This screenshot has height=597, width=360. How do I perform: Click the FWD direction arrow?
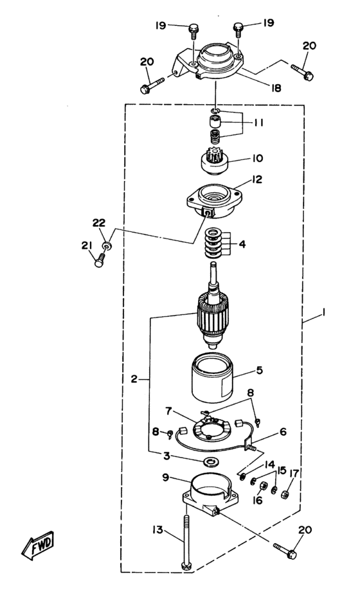tap(37, 545)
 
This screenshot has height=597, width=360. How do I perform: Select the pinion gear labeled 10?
tap(214, 161)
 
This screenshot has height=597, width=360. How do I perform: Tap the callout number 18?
tap(276, 88)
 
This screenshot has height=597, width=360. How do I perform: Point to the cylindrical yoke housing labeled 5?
tap(212, 377)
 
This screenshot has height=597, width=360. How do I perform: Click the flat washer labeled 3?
tap(209, 462)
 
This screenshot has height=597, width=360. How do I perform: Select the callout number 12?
tap(257, 179)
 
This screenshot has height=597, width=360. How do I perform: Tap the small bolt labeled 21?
tap(99, 261)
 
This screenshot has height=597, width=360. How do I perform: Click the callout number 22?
tap(99, 223)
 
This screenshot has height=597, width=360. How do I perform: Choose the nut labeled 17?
tap(284, 495)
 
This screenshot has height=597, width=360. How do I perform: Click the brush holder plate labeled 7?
tap(212, 429)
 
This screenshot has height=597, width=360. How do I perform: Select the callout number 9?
tap(165, 477)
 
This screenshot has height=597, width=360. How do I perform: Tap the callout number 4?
tap(242, 244)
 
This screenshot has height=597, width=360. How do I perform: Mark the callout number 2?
tap(134, 379)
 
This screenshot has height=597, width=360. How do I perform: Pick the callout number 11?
tap(258, 123)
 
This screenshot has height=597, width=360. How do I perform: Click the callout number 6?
tap(283, 432)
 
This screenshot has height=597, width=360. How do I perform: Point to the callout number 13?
tap(157, 530)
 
